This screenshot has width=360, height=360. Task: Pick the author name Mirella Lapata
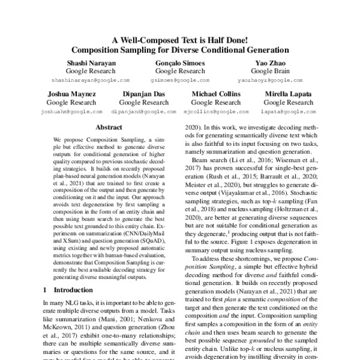tap(287, 95)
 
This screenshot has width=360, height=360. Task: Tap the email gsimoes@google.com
tap(179, 79)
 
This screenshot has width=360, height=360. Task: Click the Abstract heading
tap(109, 128)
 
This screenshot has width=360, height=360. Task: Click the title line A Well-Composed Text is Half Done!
tap(180, 40)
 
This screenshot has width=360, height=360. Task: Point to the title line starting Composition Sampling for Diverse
tap(180, 50)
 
